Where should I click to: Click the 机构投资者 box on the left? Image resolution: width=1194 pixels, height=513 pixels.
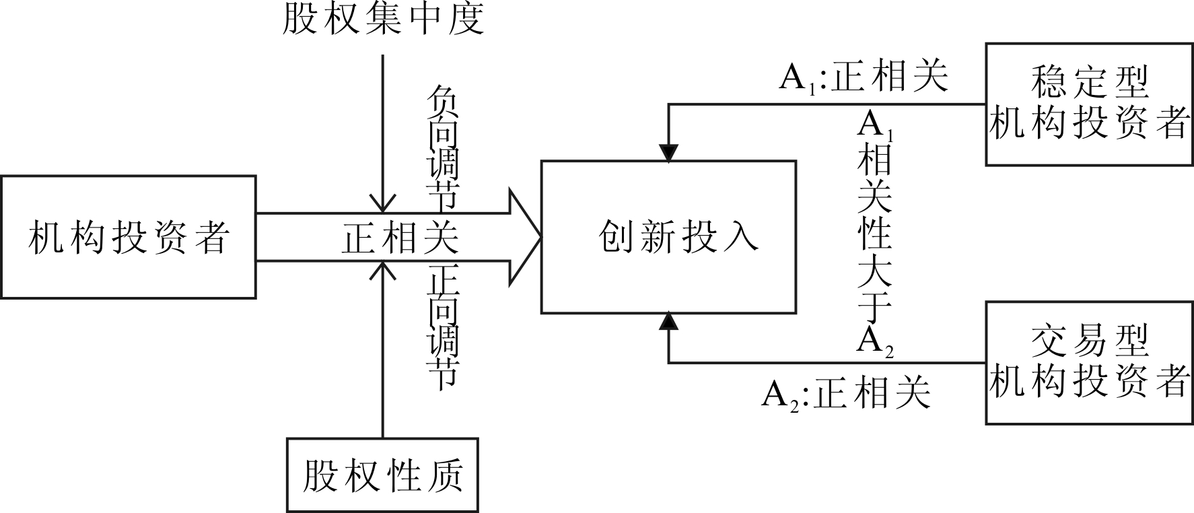coord(128,237)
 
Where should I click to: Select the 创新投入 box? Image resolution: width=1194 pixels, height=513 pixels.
coord(668,237)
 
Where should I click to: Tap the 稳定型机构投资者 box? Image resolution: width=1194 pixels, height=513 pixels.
coord(1088,104)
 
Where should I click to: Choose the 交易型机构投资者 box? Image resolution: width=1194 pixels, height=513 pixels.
coord(1088,362)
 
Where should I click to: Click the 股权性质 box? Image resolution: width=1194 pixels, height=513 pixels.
coord(382,475)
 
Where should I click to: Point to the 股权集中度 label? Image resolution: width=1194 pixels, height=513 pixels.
coord(382,19)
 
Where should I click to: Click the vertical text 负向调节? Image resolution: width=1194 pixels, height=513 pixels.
coord(442,147)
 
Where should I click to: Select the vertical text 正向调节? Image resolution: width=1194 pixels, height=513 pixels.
coord(442,327)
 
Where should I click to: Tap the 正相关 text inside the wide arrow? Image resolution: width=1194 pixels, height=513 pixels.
coord(400,238)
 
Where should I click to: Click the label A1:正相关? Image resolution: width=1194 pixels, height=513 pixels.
coord(864,78)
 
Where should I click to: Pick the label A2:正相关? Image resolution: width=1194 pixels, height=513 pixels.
coord(846,393)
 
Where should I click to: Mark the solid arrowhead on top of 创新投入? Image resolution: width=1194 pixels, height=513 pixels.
coord(668,153)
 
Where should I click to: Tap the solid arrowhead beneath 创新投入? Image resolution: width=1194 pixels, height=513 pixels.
coord(668,322)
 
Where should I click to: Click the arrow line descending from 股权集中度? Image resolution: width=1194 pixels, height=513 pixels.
coord(382,128)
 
